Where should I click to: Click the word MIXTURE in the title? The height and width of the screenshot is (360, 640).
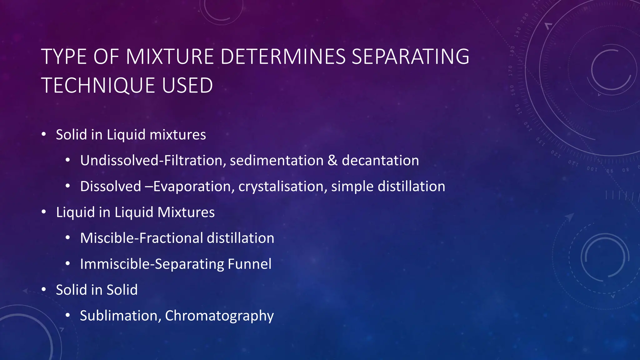pyautogui.click(x=170, y=57)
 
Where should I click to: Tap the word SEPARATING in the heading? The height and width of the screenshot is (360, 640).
pyautogui.click(x=410, y=57)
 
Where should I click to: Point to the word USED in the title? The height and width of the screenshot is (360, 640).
pyautogui.click(x=187, y=86)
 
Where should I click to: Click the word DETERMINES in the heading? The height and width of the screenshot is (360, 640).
pyautogui.click(x=283, y=57)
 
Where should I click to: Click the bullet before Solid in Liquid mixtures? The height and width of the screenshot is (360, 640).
pyautogui.click(x=44, y=135)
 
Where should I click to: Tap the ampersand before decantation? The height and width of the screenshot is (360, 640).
pyautogui.click(x=332, y=161)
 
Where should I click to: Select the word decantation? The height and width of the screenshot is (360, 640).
pyautogui.click(x=380, y=161)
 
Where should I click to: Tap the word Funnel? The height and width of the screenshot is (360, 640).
pyautogui.click(x=249, y=264)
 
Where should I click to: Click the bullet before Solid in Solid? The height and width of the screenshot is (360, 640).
pyautogui.click(x=44, y=290)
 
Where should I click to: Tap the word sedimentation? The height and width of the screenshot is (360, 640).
pyautogui.click(x=277, y=161)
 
